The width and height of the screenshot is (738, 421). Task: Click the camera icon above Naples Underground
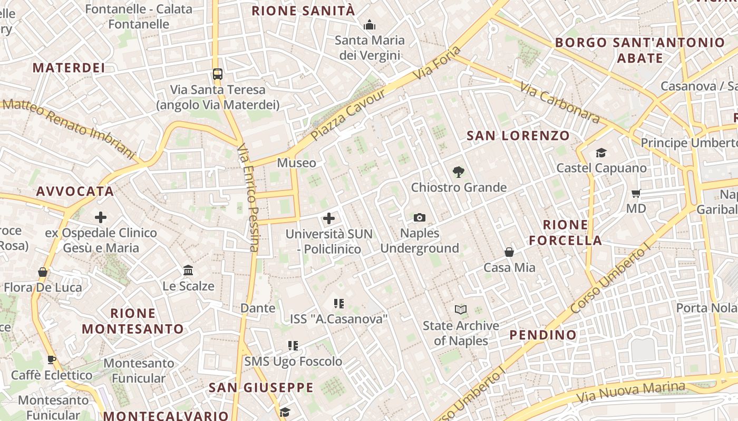420,217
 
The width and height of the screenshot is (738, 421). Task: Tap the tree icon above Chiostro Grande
459,172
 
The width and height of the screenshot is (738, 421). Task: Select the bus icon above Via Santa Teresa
218,74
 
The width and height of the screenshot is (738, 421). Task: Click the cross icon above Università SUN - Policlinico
329,218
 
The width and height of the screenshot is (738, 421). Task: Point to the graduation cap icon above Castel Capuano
601,153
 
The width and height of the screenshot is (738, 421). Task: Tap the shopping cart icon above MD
636,193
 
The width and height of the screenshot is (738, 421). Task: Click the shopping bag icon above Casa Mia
509,252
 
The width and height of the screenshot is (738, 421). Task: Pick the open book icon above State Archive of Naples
461,310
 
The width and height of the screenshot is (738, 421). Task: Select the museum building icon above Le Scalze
188,270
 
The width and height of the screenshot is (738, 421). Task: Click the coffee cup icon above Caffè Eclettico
52,360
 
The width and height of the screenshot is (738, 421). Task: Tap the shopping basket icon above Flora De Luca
43,272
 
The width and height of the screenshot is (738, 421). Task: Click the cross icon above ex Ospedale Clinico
101,217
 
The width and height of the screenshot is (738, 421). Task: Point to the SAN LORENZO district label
518,136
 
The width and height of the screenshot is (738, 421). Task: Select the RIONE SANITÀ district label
303,11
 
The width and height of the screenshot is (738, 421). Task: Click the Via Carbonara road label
560,103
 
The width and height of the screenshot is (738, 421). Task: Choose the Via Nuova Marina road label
631,390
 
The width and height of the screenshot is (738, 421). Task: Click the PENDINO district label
543,335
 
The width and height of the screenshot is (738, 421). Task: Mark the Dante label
258,308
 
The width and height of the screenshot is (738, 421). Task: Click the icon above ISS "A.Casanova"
339,304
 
